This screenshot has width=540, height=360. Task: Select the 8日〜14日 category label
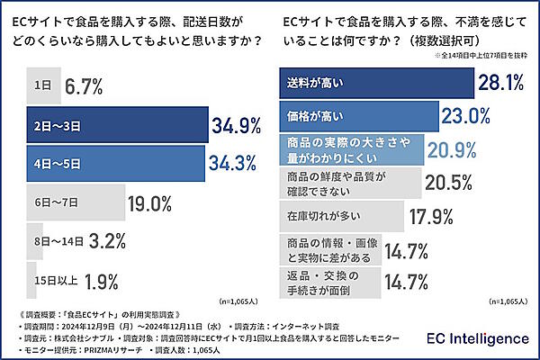click(53, 241)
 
